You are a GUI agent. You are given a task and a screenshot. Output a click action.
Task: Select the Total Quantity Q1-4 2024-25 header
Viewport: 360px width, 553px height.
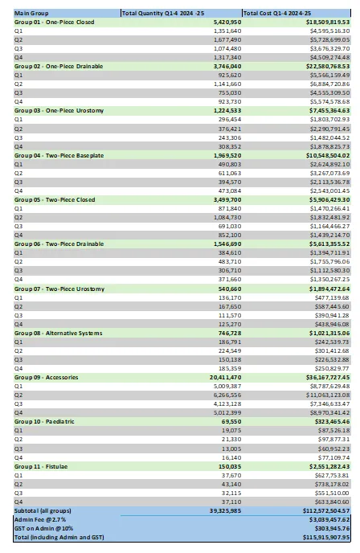[x=159, y=13]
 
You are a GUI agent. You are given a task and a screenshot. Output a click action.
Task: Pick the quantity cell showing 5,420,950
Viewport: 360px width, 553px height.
[x=216, y=22]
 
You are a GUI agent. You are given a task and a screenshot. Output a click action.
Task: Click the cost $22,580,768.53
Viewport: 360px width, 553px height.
[x=324, y=66]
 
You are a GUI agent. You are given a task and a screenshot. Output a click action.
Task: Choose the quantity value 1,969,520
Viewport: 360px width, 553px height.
[x=216, y=154]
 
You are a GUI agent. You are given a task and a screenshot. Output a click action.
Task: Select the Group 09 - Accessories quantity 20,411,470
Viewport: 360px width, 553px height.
[x=215, y=375]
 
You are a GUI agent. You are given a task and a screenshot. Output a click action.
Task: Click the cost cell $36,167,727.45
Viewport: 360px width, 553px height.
[x=324, y=375]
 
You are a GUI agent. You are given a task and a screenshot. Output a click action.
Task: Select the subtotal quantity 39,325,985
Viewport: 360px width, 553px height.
[x=215, y=508]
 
